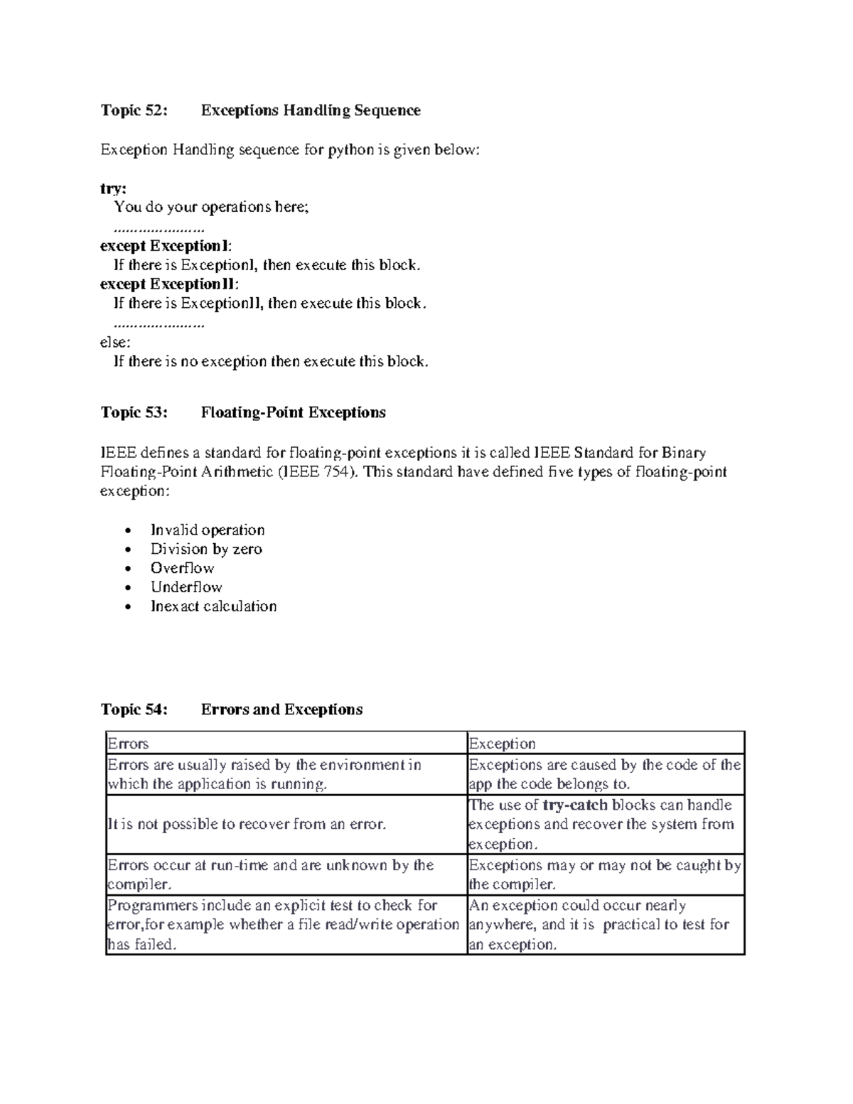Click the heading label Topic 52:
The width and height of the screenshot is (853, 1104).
[134, 110]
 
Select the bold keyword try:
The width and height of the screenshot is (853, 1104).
[113, 188]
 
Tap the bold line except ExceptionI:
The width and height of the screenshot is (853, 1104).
[166, 246]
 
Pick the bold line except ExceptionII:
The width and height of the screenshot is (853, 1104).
[169, 284]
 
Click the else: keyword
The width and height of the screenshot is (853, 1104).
[115, 342]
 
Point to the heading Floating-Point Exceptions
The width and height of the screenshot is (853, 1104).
[293, 412]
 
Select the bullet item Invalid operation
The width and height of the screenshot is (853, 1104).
[208, 530]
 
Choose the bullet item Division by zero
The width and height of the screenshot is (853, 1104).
[206, 549]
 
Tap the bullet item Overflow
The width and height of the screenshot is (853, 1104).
[182, 568]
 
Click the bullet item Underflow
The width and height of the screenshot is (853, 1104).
[186, 587]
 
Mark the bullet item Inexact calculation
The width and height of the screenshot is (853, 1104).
[213, 606]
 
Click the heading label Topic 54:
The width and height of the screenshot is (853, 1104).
[134, 709]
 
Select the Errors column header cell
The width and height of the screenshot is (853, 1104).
[128, 744]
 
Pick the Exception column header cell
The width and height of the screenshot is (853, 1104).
[502, 744]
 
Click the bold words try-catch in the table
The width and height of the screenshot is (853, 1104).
[574, 805]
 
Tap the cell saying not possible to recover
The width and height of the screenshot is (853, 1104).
[246, 825]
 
